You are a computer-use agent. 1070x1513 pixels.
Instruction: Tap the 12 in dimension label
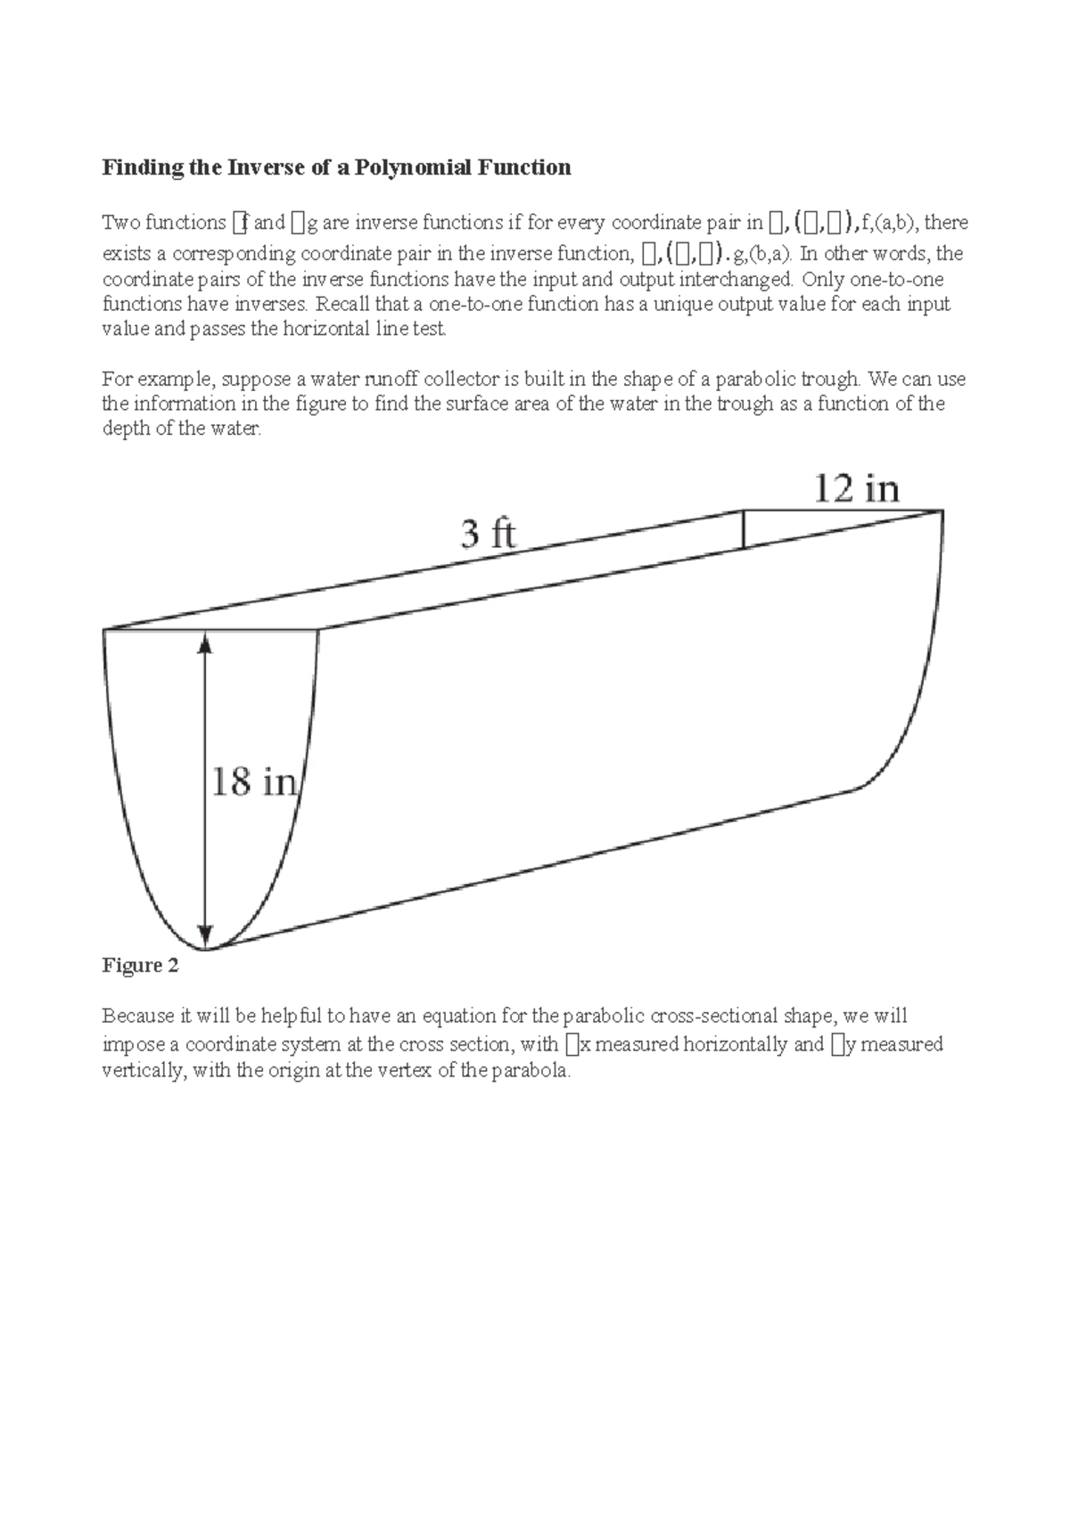856,489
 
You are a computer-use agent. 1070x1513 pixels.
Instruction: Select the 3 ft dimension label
488,535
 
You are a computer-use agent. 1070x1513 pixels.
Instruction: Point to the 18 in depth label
254,782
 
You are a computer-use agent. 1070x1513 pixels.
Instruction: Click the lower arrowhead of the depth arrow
206,937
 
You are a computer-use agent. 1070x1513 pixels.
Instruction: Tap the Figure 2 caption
140,966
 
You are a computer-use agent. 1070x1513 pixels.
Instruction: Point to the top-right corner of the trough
942,511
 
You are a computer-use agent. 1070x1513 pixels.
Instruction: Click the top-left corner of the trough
104,631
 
